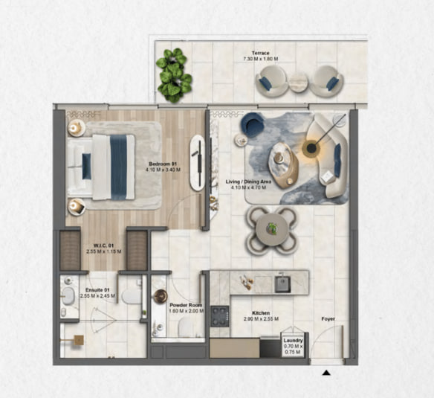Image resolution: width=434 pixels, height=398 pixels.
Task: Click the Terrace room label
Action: pos(260,53)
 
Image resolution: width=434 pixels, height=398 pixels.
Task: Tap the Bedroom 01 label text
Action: pos(163,164)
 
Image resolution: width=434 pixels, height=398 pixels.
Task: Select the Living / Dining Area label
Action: pos(248,182)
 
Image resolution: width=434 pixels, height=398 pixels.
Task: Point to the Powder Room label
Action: pos(186,305)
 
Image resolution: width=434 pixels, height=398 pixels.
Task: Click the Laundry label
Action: pos(293,341)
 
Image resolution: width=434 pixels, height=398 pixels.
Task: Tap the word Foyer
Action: pos(328,319)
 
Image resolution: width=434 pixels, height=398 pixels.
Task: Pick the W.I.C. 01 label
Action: pos(103,245)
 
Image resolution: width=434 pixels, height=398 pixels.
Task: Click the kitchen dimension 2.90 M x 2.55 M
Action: pos(261,319)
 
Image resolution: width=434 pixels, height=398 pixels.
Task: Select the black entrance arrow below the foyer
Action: pos(326,373)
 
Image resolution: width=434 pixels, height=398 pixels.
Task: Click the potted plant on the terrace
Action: pos(174,75)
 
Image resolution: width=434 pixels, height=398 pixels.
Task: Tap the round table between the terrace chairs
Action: pos(299,82)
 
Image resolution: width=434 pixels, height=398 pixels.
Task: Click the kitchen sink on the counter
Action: pos(282,283)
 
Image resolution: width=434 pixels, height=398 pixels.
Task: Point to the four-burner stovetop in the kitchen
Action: pos(220,316)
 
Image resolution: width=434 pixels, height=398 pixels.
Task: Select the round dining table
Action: pos(271,229)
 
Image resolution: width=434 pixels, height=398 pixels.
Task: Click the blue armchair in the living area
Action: pos(252,124)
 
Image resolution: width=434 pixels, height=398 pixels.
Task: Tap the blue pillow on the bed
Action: pos(86,167)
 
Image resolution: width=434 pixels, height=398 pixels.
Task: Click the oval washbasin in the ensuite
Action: pos(68,296)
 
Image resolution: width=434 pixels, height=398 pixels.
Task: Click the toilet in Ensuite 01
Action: pos(132,297)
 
